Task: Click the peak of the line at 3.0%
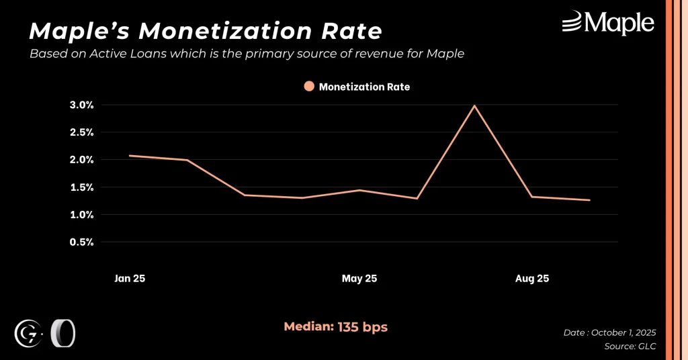pyautogui.click(x=474, y=105)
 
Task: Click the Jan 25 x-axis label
pyautogui.click(x=129, y=279)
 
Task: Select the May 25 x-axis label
pyautogui.click(x=359, y=279)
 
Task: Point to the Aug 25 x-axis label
pyautogui.click(x=532, y=279)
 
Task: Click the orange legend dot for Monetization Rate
pyautogui.click(x=309, y=87)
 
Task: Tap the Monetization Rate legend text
pyautogui.click(x=364, y=87)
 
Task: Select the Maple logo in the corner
pyautogui.click(x=608, y=24)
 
